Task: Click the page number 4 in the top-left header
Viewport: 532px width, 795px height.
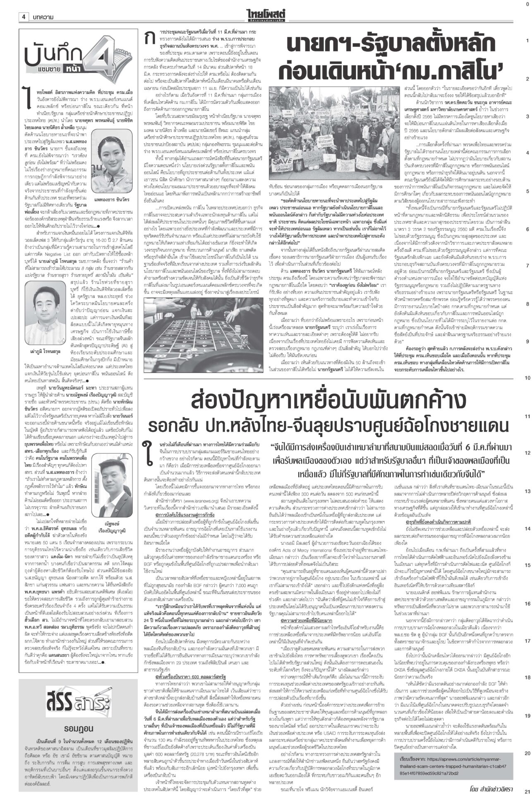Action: click(24, 17)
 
